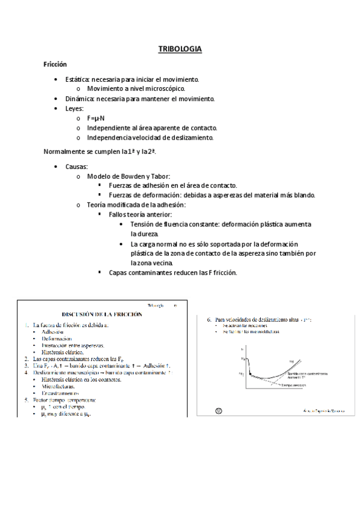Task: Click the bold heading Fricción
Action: click(55, 64)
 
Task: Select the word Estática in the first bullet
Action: click(78, 79)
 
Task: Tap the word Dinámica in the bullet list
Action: click(79, 99)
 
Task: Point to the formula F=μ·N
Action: click(96, 118)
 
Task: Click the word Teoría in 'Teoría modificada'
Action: click(98, 205)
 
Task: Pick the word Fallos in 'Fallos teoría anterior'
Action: click(120, 215)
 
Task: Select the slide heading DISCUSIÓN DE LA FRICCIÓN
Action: click(102, 314)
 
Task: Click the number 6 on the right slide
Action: click(209, 319)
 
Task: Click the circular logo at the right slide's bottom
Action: click(219, 410)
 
